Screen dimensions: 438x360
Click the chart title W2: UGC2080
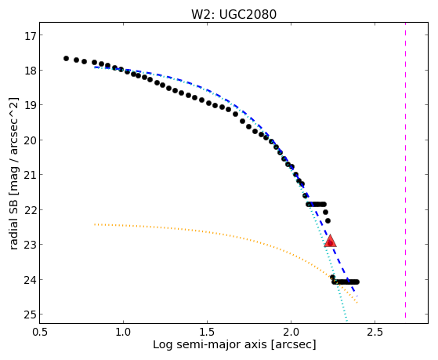coord(233,15)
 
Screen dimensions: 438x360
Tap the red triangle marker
coord(330,241)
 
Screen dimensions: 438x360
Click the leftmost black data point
coord(66,58)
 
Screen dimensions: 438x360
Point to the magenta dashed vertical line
coord(405,170)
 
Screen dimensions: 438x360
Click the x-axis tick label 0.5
coord(40,332)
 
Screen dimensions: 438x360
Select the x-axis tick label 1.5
coord(208,332)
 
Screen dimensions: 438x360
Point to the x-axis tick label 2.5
coord(375,332)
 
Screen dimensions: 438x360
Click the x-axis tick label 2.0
coord(291,332)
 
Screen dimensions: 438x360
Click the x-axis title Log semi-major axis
coord(210,344)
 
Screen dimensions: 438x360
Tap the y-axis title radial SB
coord(13,219)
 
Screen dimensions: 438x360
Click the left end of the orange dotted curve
coord(95,224)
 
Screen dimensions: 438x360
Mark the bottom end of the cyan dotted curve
coord(346,321)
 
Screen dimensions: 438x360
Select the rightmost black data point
coord(357,282)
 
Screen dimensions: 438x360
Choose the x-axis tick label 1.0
coord(124,332)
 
